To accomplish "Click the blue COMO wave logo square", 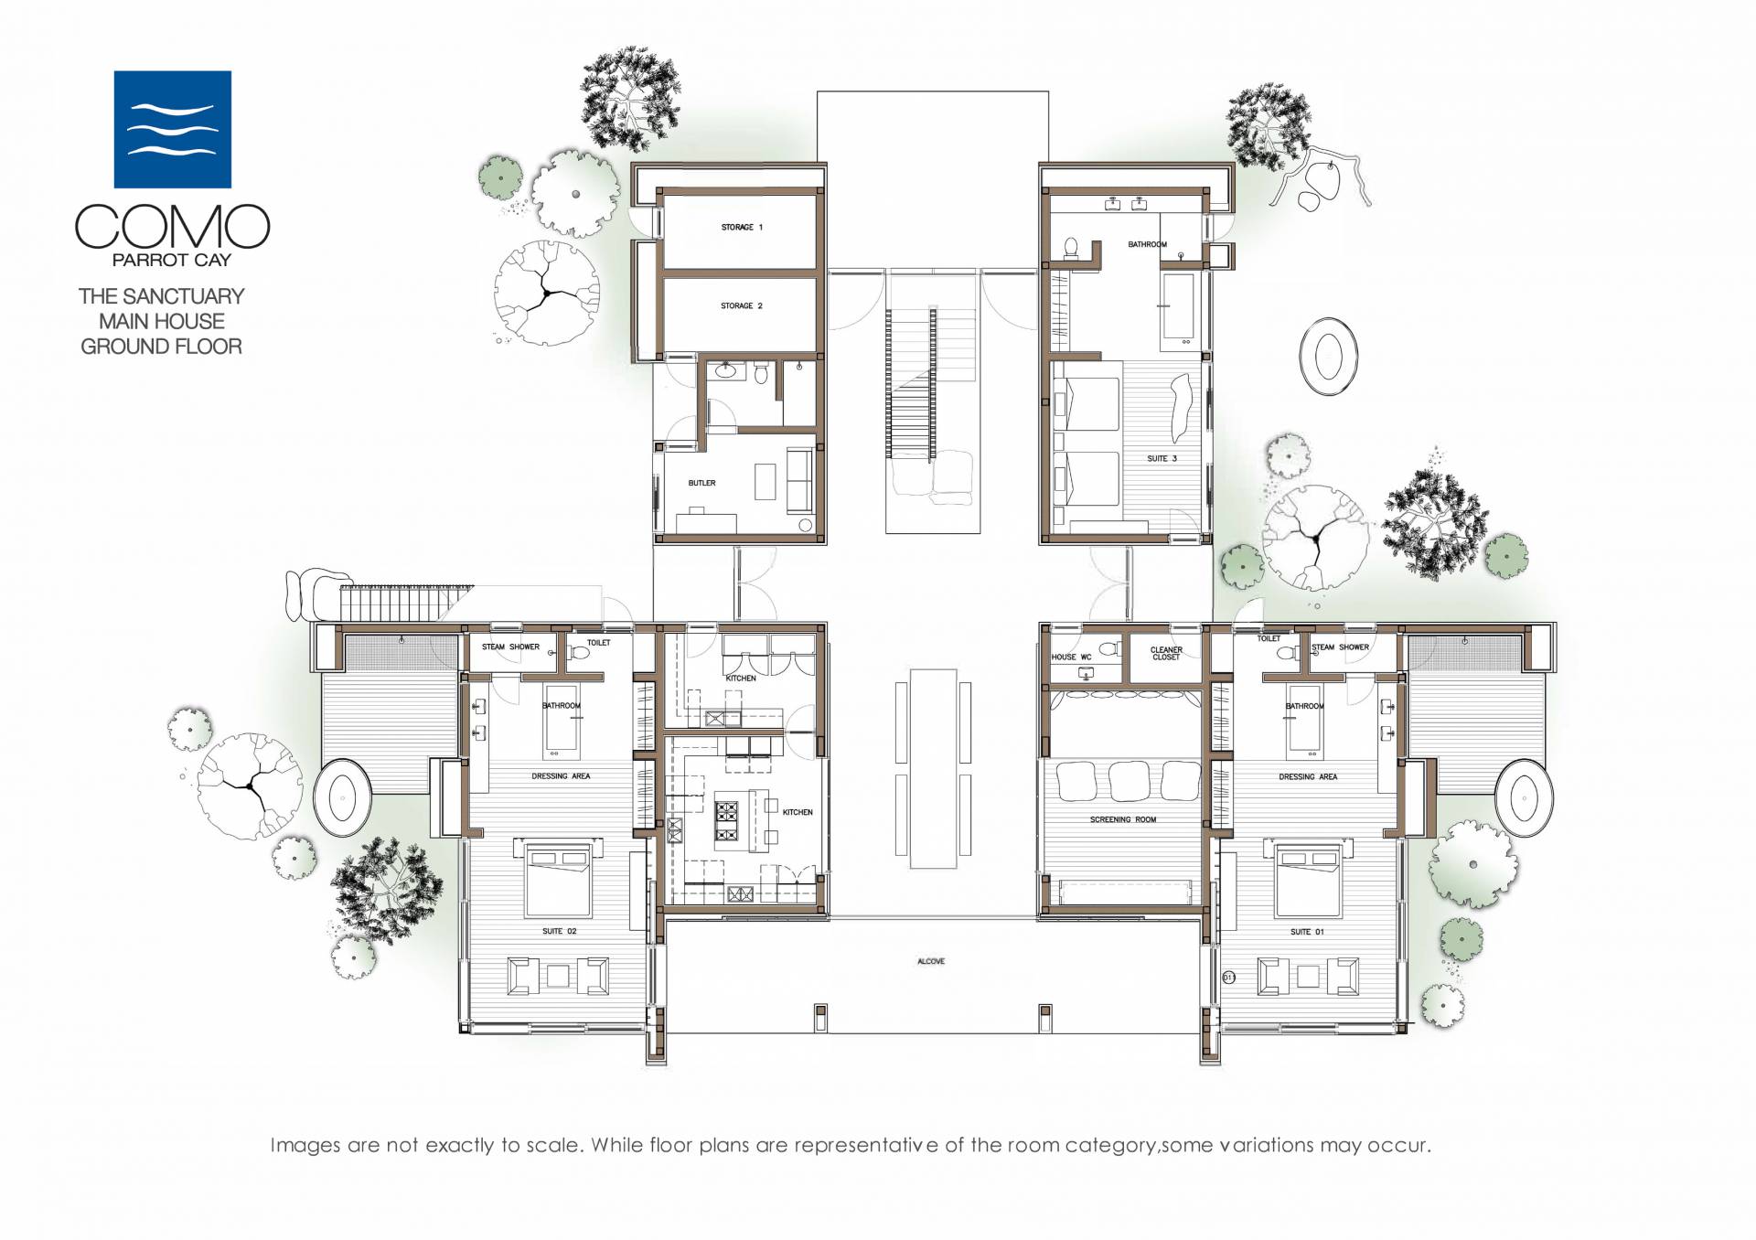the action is click(x=172, y=129).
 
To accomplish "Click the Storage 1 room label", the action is click(x=742, y=227).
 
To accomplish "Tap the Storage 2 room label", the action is click(x=741, y=305).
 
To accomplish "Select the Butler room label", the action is click(x=701, y=483).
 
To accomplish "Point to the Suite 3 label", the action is click(x=1162, y=458).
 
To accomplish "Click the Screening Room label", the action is click(x=1122, y=819).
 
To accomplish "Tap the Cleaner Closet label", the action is click(x=1166, y=653).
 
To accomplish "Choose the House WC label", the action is click(x=1071, y=657).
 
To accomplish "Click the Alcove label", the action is click(x=931, y=961).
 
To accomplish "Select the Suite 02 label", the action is click(x=559, y=931).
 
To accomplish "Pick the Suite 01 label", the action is click(x=1306, y=932).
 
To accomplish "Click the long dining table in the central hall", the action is click(x=933, y=768).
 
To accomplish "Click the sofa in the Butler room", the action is click(x=799, y=480).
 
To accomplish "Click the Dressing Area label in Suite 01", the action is click(x=1308, y=776).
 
